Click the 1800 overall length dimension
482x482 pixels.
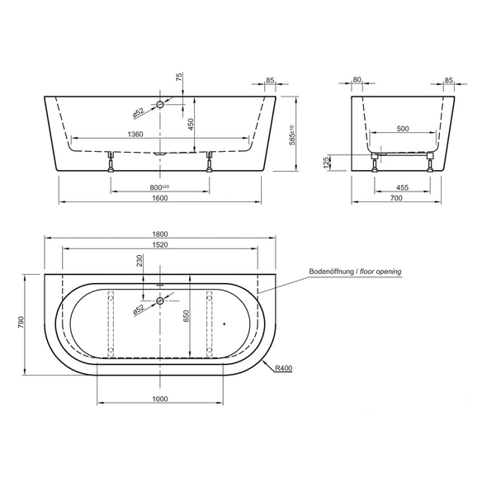coord(160,234)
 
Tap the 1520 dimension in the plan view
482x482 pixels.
coord(160,244)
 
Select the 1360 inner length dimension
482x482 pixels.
coord(135,135)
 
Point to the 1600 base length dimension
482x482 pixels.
coord(160,198)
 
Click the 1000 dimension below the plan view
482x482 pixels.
coord(160,399)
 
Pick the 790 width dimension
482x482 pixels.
coord(21,322)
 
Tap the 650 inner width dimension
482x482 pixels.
coord(187,316)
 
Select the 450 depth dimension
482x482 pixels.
coord(191,125)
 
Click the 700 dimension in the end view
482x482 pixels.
coord(396,198)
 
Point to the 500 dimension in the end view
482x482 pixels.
coord(403,129)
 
